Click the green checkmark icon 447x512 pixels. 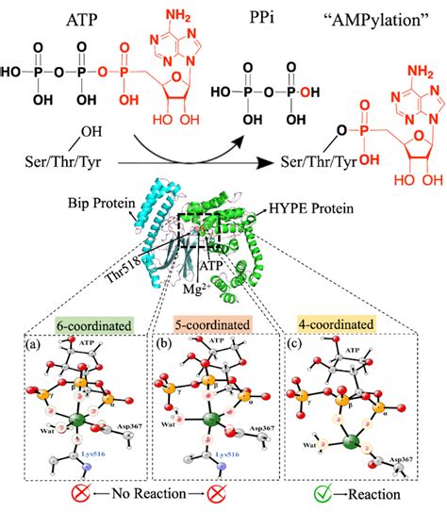(324, 492)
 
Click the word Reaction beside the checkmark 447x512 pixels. (375, 493)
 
